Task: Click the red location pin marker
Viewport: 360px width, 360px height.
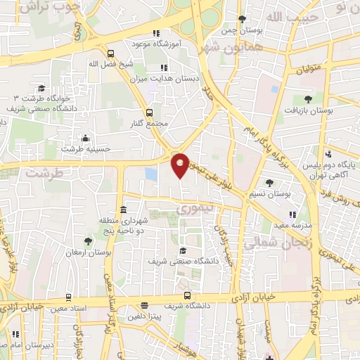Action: tap(180, 164)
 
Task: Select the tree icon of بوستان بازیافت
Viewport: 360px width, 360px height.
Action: tap(307, 99)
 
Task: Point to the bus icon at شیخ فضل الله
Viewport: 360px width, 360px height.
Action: tap(110, 53)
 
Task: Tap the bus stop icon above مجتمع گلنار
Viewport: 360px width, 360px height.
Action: tap(148, 112)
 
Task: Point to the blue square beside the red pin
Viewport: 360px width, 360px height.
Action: tap(151, 173)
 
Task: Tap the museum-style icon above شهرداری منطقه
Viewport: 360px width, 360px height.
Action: tap(123, 210)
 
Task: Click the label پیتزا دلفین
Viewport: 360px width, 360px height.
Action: tap(144, 317)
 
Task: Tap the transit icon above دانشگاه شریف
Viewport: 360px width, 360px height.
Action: tap(187, 296)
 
